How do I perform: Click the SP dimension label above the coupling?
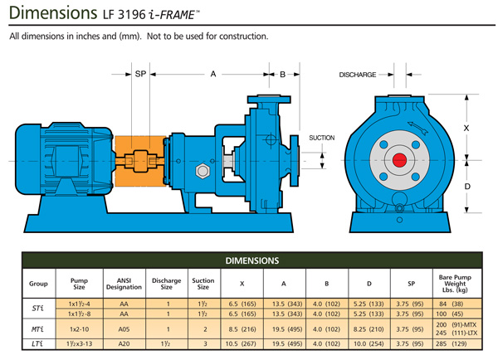pos(141,75)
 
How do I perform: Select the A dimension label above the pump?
pos(212,75)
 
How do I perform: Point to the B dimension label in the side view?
pos(282,75)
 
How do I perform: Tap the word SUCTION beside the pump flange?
pos(321,138)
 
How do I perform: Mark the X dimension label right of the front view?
pos(466,129)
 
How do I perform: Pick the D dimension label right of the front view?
pos(466,187)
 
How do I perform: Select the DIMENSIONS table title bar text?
pos(249,260)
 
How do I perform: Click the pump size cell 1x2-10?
pos(79,328)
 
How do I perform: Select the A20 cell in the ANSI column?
pos(124,343)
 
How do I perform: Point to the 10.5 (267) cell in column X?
pos(242,343)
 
